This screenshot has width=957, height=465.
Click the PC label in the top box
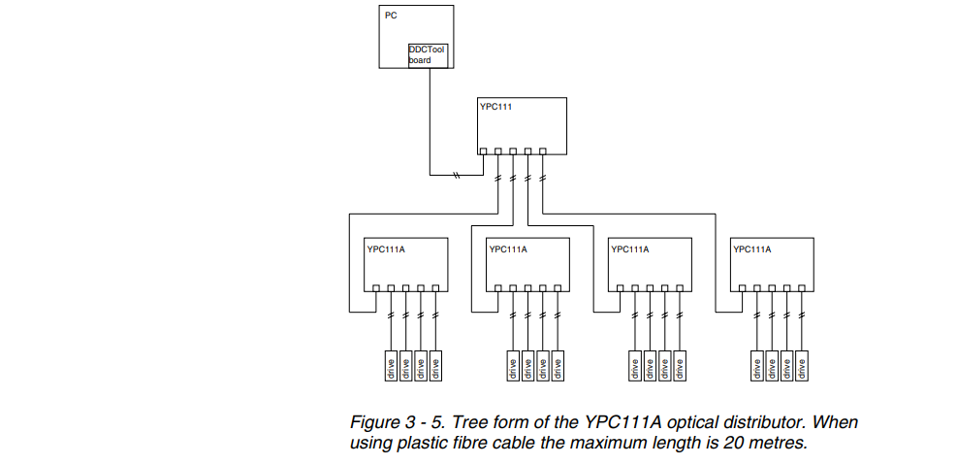pos(390,16)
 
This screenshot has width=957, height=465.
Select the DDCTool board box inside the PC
pos(428,55)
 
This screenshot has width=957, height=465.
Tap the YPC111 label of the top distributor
pos(495,107)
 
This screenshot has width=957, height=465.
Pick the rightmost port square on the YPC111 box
pos(543,150)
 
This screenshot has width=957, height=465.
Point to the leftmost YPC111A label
pos(386,249)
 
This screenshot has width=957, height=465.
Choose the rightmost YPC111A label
pos(752,249)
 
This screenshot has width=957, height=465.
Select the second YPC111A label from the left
pos(508,249)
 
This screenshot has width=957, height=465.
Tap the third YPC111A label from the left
pos(630,249)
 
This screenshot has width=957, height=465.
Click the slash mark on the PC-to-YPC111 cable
pos(456,176)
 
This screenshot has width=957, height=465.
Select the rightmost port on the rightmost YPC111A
pos(802,287)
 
